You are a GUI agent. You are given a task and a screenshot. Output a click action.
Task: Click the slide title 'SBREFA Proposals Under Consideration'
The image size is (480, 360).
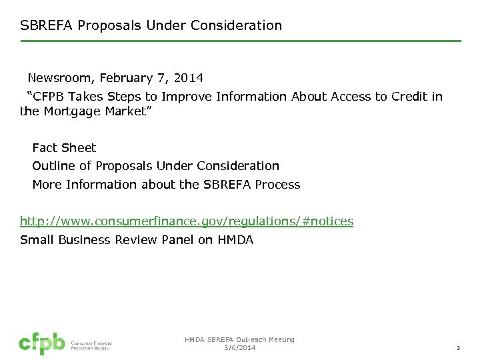151,25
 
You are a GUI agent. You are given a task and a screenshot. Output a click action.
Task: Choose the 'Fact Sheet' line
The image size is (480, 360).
64,148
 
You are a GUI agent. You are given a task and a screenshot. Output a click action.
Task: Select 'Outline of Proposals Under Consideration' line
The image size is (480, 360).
155,166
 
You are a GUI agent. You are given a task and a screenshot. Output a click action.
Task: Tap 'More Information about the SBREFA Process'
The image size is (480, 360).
166,184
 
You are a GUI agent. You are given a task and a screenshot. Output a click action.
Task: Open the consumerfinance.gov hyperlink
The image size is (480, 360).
187,221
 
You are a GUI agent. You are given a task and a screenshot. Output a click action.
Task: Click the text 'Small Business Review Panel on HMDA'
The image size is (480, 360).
137,240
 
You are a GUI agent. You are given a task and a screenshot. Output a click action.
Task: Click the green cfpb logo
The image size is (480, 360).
41,343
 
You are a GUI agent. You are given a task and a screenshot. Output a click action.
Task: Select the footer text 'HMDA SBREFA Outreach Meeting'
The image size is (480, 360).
239,340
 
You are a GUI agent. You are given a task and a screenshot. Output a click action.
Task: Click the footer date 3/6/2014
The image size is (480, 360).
240,348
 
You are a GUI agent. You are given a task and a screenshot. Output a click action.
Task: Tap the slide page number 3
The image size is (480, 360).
458,348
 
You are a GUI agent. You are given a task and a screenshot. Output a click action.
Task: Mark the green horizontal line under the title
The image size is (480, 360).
240,41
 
